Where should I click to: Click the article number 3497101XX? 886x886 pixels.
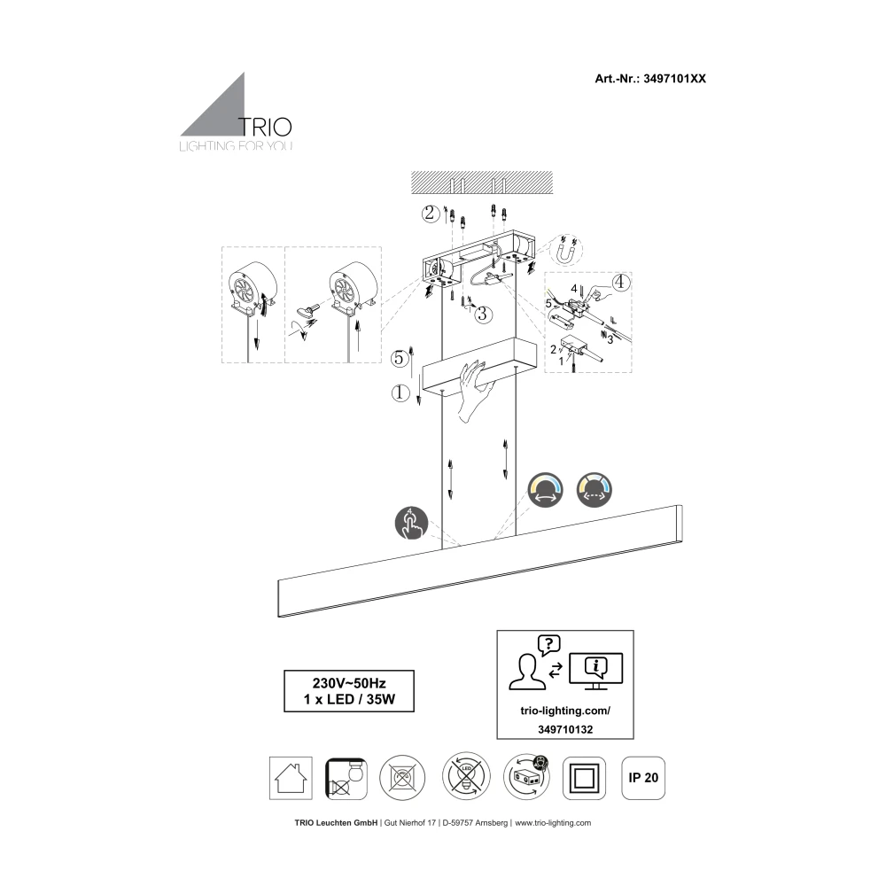point(671,78)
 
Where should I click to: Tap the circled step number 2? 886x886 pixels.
point(430,213)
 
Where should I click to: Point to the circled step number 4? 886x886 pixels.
point(620,284)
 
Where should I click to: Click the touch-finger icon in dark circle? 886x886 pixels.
point(410,525)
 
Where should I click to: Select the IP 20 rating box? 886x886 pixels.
point(643,778)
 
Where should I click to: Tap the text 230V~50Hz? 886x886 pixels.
point(347,683)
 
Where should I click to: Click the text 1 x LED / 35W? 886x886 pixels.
point(347,700)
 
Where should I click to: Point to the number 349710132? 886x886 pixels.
point(564,728)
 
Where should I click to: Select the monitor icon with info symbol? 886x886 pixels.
point(595,670)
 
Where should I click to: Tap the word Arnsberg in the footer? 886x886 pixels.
point(491,823)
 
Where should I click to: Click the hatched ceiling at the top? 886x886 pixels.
point(478,182)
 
